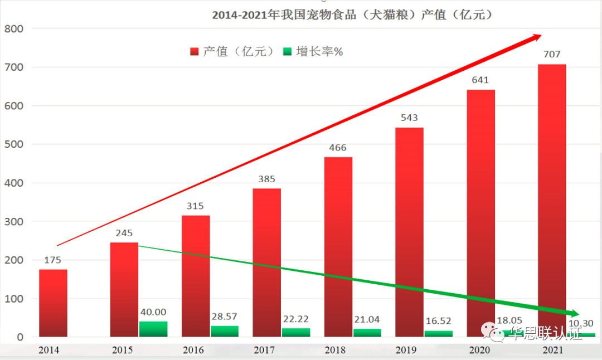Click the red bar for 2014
click(53, 303)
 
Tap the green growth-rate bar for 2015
click(153, 329)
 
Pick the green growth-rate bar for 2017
click(296, 332)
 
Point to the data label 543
click(409, 118)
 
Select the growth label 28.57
click(225, 317)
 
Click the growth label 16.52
click(438, 322)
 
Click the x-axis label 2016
click(193, 351)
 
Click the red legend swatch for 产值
click(195, 52)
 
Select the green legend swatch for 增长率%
click(288, 52)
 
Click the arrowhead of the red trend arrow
click(536, 37)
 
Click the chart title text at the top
click(353, 15)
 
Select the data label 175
click(52, 260)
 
